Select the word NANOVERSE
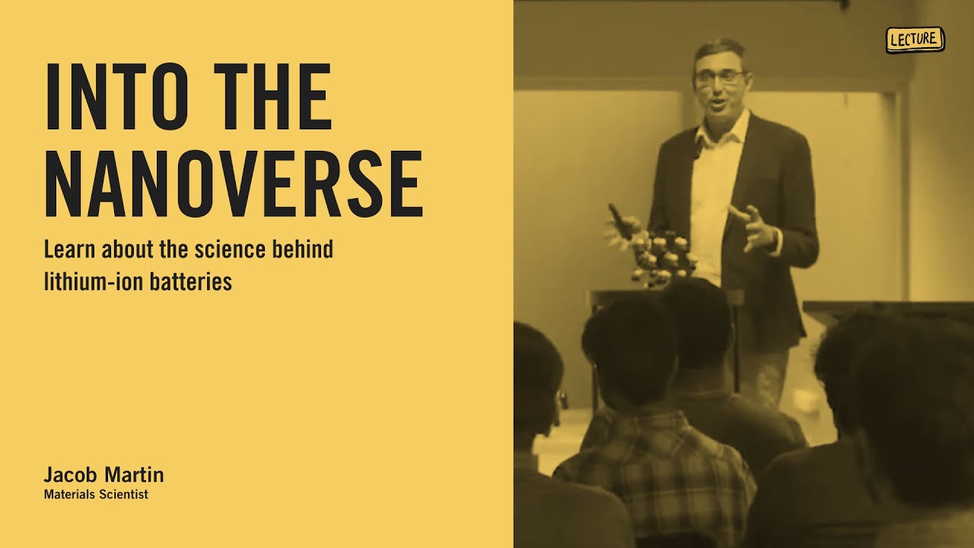point(234,184)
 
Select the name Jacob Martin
point(103,476)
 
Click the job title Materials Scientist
point(95,495)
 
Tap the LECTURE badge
point(915,40)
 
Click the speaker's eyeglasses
point(719,78)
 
